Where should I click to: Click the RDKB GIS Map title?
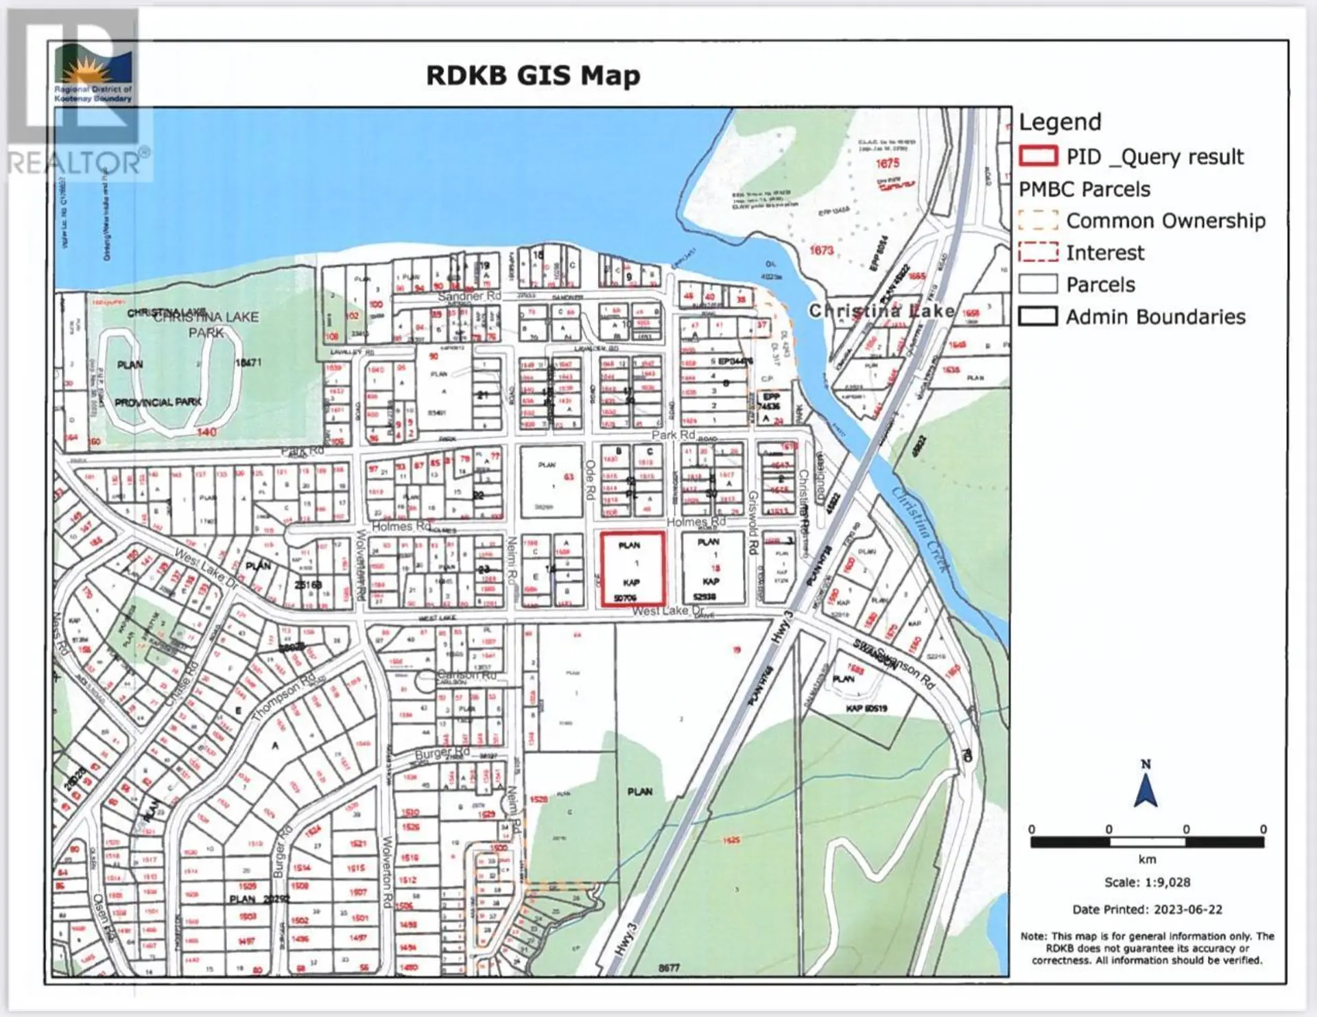[x=533, y=75]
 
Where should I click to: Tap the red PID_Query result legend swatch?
[x=1038, y=156]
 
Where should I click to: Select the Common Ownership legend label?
[x=1165, y=221]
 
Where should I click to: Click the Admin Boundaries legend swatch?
[x=1038, y=316]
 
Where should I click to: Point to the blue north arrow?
[x=1146, y=789]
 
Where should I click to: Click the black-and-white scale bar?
[x=1147, y=842]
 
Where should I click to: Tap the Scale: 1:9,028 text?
[x=1147, y=882]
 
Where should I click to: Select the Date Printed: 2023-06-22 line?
[x=1147, y=909]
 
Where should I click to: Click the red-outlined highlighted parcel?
[x=632, y=570]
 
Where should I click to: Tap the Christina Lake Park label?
[x=206, y=324]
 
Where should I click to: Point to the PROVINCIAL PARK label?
[x=158, y=402]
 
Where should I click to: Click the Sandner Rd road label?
[x=470, y=296]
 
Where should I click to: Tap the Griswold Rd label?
[x=752, y=523]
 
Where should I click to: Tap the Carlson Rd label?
[x=466, y=675]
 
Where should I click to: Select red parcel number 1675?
[x=887, y=163]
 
